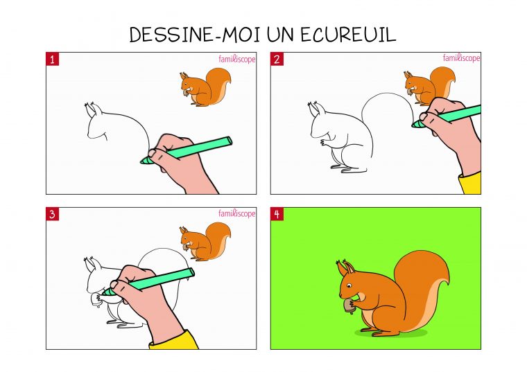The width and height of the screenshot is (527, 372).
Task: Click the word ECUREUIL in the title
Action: pyautogui.click(x=348, y=34)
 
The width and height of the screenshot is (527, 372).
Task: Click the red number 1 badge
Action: pyautogui.click(x=53, y=60)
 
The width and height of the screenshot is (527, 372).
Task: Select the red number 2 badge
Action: pyautogui.click(x=277, y=60)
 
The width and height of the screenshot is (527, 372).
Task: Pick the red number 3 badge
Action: pyautogui.click(x=53, y=214)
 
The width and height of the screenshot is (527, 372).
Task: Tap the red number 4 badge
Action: pyautogui.click(x=277, y=214)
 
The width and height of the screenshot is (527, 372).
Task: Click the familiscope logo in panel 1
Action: pyautogui.click(x=237, y=60)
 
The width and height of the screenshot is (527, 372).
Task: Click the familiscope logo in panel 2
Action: pyautogui.click(x=461, y=58)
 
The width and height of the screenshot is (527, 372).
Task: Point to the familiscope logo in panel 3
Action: pyautogui.click(x=237, y=213)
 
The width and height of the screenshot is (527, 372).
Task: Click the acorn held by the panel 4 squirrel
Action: pyautogui.click(x=349, y=305)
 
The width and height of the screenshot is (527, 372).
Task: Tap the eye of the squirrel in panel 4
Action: pyautogui.click(x=349, y=285)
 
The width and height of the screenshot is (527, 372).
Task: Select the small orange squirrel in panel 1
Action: pyautogui.click(x=205, y=87)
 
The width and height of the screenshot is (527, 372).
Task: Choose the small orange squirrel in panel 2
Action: pyautogui.click(x=429, y=86)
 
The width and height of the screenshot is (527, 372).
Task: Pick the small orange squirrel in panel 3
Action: pyautogui.click(x=205, y=241)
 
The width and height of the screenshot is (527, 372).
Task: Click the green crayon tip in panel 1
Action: pyautogui.click(x=145, y=161)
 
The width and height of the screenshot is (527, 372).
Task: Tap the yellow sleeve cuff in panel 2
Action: pyautogui.click(x=471, y=183)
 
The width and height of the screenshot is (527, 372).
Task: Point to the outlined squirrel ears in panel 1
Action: pyautogui.click(x=93, y=109)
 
